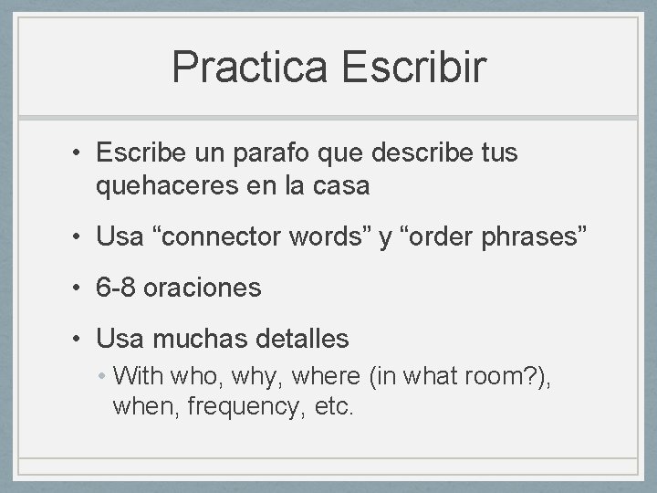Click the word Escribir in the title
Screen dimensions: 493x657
tap(415, 66)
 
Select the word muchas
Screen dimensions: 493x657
tap(202, 340)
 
